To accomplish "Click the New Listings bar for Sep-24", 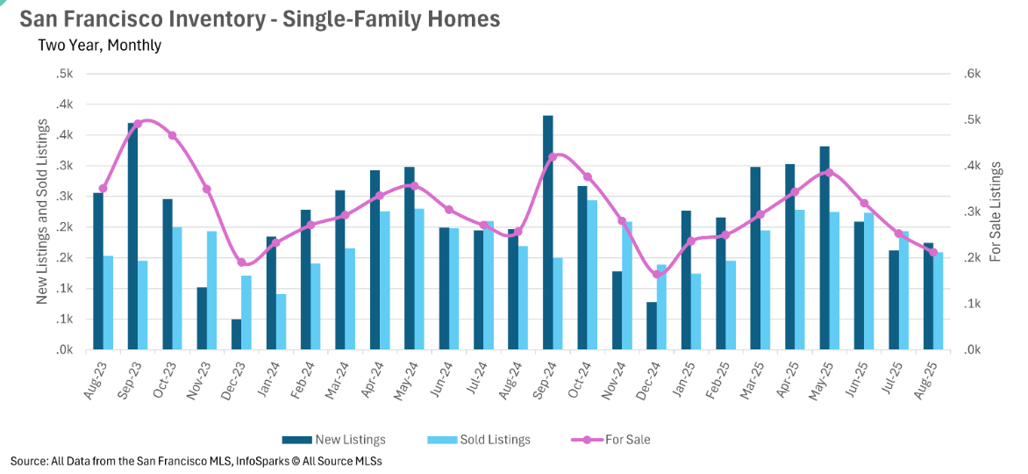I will coord(548,233).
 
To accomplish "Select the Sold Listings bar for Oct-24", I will coord(593,275).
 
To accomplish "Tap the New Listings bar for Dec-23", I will coord(237,334).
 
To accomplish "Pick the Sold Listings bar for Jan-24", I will coord(282,321).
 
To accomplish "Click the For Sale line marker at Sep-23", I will coord(138,124).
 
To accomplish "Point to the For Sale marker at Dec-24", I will coord(658,275).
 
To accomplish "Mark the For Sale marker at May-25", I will coord(830,173).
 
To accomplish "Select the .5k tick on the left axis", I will coord(63,75).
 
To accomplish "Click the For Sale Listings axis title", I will coord(996,211).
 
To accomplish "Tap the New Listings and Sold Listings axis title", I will coord(41,211).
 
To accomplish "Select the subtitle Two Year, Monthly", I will coord(99,45).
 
